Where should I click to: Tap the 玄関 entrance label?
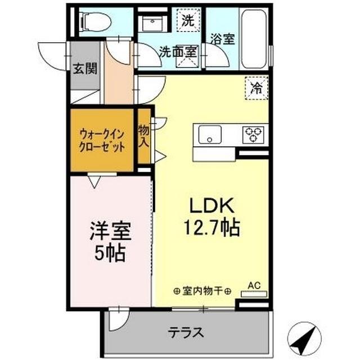click(84, 68)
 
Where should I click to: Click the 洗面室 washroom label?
click(177, 50)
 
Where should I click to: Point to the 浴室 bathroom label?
click(223, 40)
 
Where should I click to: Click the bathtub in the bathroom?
click(255, 38)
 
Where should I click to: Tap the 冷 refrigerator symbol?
click(256, 88)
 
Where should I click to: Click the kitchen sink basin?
click(209, 134)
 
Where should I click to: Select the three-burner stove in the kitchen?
click(253, 134)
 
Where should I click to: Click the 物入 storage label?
click(145, 136)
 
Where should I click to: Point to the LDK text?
click(210, 205)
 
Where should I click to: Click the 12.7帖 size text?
click(210, 227)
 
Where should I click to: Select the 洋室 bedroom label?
click(111, 231)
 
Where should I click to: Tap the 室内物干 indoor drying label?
click(202, 291)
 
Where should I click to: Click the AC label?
click(254, 286)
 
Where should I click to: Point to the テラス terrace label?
click(186, 332)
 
